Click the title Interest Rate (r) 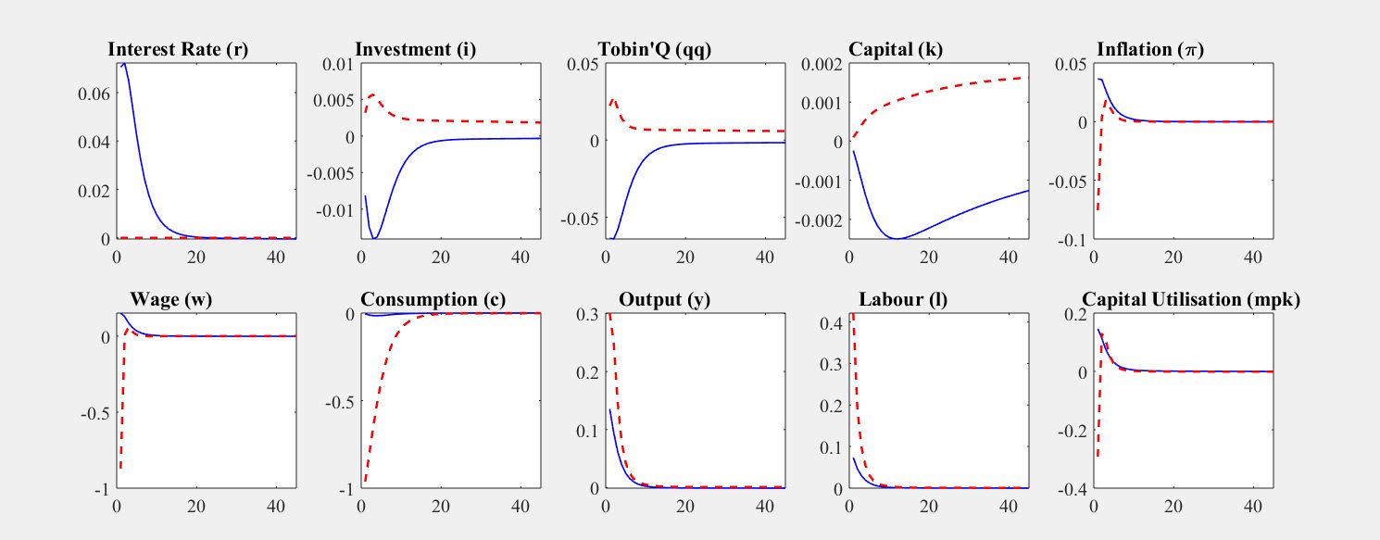click(x=179, y=49)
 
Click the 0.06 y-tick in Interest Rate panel click(x=96, y=94)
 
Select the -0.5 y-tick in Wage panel click(x=95, y=412)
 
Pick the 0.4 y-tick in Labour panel click(x=830, y=324)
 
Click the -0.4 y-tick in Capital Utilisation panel click(x=1071, y=488)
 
